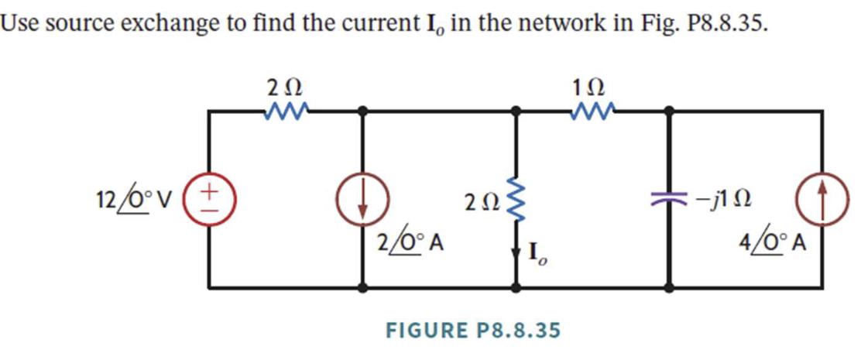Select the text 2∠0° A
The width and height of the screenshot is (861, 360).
click(x=410, y=243)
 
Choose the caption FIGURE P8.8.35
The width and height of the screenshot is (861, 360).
click(x=472, y=330)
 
